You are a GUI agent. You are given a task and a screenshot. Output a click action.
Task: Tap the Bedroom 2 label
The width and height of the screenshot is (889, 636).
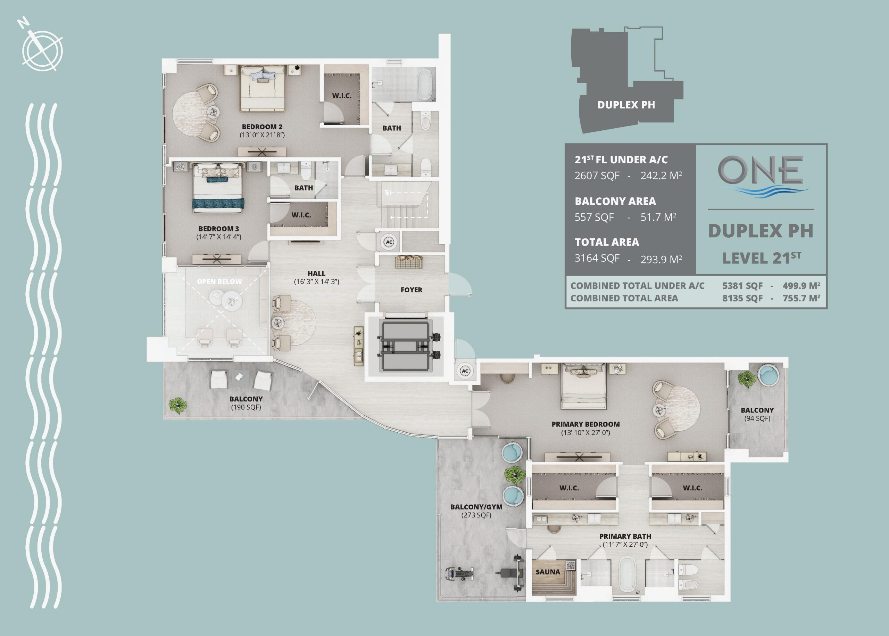pyautogui.click(x=262, y=127)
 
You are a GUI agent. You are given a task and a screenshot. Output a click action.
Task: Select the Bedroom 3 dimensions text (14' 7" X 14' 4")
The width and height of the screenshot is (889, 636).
pyautogui.click(x=218, y=237)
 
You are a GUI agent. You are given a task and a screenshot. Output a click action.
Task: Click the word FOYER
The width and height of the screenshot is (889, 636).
pyautogui.click(x=411, y=290)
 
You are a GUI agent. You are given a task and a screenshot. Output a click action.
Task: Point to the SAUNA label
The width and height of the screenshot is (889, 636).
pyautogui.click(x=548, y=572)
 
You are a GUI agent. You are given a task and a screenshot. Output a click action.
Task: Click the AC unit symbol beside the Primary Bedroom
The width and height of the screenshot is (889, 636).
pyautogui.click(x=465, y=371)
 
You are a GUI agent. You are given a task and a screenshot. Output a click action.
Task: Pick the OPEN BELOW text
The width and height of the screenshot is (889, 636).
pyautogui.click(x=219, y=282)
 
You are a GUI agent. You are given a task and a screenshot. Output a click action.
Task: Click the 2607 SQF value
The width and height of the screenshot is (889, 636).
pyautogui.click(x=597, y=176)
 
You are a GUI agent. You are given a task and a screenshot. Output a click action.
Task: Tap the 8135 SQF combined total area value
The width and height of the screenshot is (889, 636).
pyautogui.click(x=742, y=299)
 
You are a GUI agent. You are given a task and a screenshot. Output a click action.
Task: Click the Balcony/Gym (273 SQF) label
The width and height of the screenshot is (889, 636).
pyautogui.click(x=476, y=511)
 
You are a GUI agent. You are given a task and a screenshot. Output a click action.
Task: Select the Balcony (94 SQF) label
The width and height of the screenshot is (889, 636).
pyautogui.click(x=757, y=414)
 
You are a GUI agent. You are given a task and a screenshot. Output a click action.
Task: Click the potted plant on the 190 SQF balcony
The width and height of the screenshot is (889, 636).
pyautogui.click(x=178, y=405)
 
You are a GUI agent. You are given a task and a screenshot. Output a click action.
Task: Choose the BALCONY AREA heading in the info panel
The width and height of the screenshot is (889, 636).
pyautogui.click(x=615, y=201)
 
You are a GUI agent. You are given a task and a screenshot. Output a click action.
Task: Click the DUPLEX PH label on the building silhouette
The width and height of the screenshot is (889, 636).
pyautogui.click(x=626, y=105)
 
